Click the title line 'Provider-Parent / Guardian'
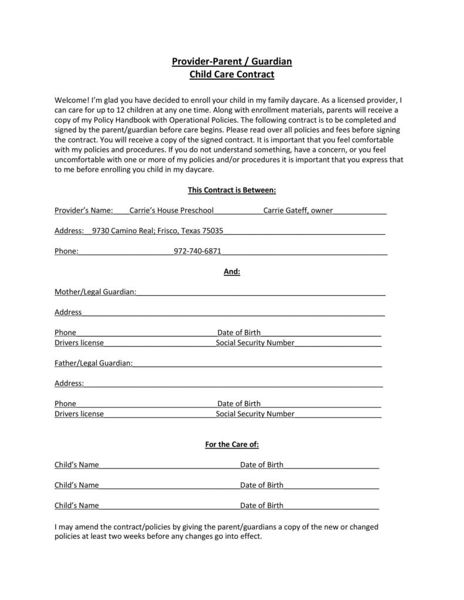(x=231, y=62)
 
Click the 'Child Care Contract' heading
(x=231, y=75)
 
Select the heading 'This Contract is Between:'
(x=231, y=190)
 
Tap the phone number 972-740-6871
(x=197, y=251)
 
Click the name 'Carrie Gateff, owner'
(x=298, y=210)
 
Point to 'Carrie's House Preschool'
(x=172, y=210)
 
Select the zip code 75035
(x=213, y=231)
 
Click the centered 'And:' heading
(x=232, y=272)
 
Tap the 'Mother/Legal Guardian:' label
(x=95, y=292)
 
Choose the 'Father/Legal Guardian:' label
(x=93, y=363)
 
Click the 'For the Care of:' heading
(x=232, y=444)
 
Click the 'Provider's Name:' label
(x=83, y=210)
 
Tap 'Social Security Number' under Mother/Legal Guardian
(x=255, y=343)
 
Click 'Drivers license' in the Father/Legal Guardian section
(x=79, y=414)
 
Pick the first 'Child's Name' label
(x=76, y=465)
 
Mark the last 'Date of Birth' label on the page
(x=261, y=505)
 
